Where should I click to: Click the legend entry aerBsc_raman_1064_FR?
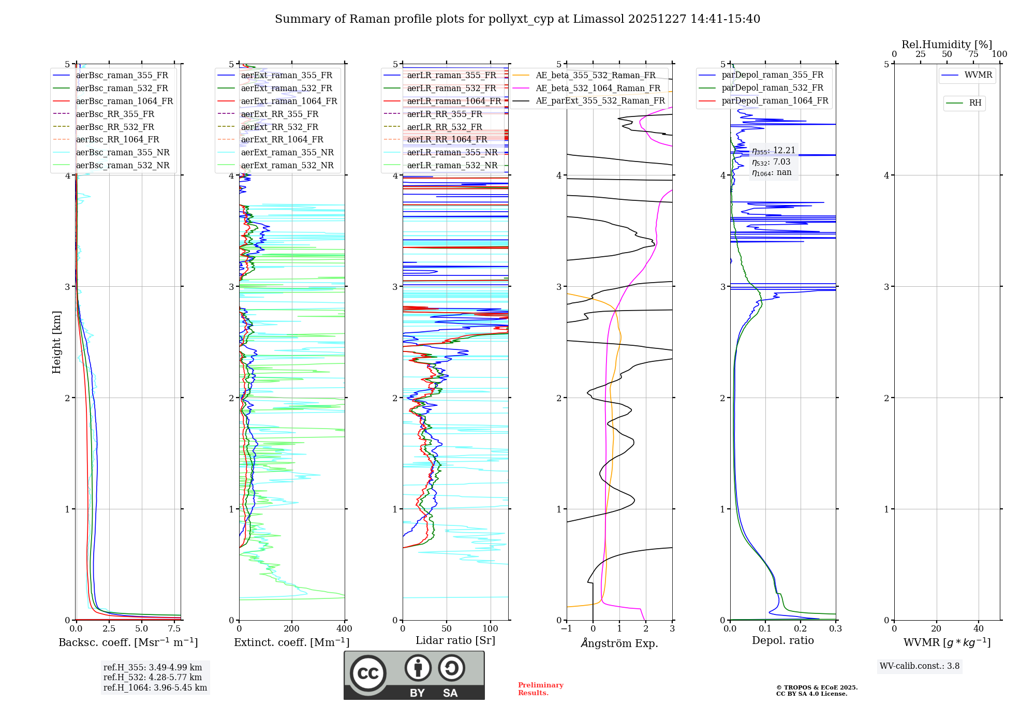[x=124, y=101]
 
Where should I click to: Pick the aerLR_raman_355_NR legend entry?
[x=452, y=153]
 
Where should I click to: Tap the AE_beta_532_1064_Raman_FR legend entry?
[x=598, y=89]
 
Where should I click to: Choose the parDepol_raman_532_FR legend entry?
[x=772, y=88]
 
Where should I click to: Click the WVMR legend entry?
[x=978, y=75]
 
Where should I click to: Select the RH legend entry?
[x=975, y=103]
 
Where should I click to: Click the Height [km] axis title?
[x=56, y=342]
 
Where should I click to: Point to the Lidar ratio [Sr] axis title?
[x=455, y=641]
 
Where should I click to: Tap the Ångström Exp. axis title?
[x=619, y=643]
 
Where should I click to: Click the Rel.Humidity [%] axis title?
[x=947, y=45]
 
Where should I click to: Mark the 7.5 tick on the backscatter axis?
[x=174, y=629]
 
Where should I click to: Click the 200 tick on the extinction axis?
[x=292, y=629]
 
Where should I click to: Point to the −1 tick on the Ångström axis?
[x=567, y=629]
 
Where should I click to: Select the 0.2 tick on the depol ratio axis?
[x=801, y=629]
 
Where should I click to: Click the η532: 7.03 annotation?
[x=771, y=162]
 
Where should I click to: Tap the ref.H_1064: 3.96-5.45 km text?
[x=155, y=688]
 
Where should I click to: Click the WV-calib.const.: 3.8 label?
[x=920, y=666]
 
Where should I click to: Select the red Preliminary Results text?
[x=540, y=689]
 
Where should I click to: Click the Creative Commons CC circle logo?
[x=368, y=673]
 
